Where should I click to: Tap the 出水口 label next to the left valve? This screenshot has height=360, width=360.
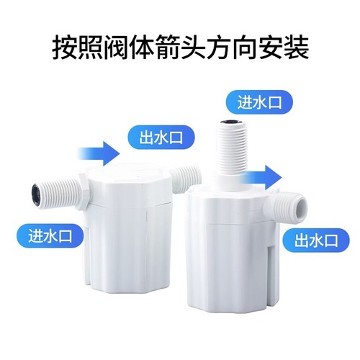point(157,135)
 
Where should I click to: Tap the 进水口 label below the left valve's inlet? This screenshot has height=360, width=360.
point(46,234)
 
